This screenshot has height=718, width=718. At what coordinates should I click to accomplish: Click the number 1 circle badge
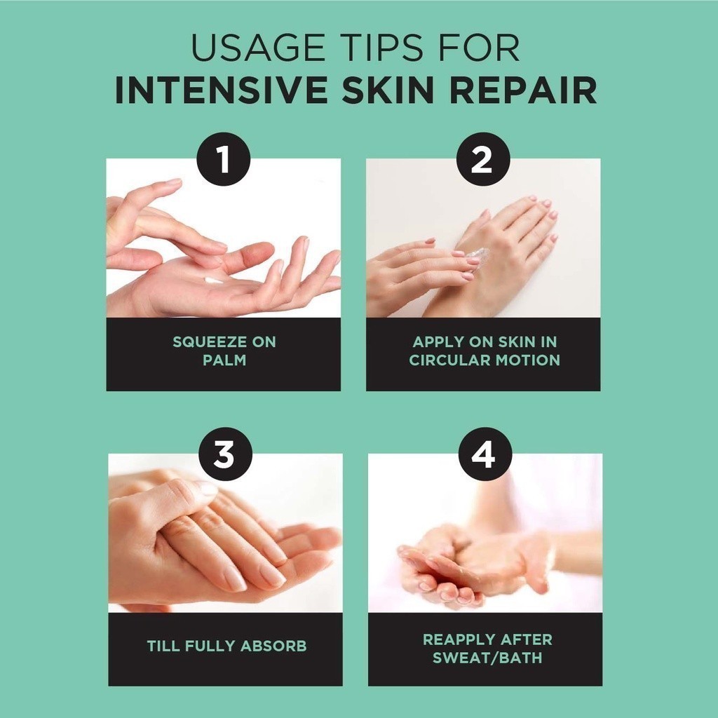[x=224, y=159]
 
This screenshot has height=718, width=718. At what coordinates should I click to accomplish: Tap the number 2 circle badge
[x=483, y=159]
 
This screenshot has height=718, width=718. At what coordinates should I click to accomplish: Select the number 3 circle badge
[x=225, y=454]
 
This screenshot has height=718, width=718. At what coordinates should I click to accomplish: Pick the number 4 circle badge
[x=485, y=454]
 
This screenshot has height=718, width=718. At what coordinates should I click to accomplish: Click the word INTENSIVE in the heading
[x=222, y=90]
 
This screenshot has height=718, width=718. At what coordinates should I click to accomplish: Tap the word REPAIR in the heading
[x=523, y=90]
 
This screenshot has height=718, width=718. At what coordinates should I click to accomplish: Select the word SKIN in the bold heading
[x=388, y=90]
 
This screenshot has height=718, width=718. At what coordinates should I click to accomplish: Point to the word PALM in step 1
[x=224, y=360]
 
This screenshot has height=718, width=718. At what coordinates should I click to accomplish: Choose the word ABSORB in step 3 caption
[x=273, y=646]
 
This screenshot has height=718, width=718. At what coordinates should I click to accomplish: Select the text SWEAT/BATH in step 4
[x=487, y=658]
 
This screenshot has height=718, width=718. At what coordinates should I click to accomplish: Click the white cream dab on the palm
[x=213, y=280]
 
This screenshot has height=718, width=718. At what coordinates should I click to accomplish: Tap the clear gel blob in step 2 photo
[x=477, y=255]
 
